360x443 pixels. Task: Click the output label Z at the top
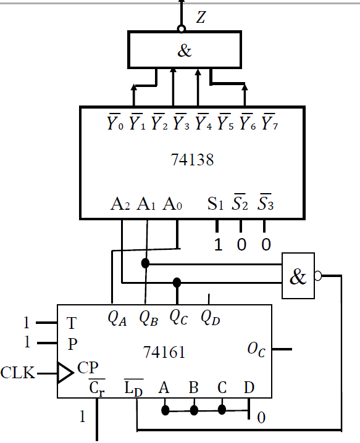(x=201, y=18)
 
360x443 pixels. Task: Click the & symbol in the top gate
(x=185, y=51)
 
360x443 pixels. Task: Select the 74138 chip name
(x=192, y=160)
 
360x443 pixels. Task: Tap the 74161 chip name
(x=164, y=352)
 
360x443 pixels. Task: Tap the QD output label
(x=209, y=318)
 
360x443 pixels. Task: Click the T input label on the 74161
(x=71, y=323)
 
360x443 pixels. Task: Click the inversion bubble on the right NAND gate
(x=319, y=276)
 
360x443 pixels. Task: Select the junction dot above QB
(x=146, y=263)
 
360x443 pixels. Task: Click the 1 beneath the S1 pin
(x=217, y=245)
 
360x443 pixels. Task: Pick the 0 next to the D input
(x=261, y=418)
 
